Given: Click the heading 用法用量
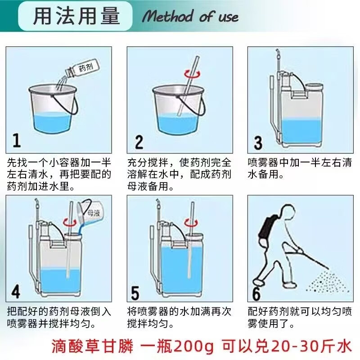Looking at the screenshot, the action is pyautogui.click(x=76, y=16).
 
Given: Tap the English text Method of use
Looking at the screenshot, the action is pyautogui.click(x=190, y=17).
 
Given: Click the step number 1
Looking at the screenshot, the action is pyautogui.click(x=17, y=140).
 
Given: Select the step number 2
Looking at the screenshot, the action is pyautogui.click(x=139, y=142).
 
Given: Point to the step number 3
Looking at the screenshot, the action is pyautogui.click(x=258, y=143).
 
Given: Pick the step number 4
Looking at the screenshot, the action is pyautogui.click(x=16, y=292).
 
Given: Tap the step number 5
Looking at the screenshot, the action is pyautogui.click(x=135, y=293).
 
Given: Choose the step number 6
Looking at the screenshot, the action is pyautogui.click(x=256, y=293).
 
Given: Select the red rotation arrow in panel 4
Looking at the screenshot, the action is pyautogui.click(x=70, y=222).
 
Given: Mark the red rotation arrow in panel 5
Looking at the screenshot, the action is pyautogui.click(x=191, y=222).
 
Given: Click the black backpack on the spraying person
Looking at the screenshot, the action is pyautogui.click(x=267, y=228).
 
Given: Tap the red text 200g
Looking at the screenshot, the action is pyautogui.click(x=193, y=346).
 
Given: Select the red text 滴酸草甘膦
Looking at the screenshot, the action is pyautogui.click(x=92, y=346).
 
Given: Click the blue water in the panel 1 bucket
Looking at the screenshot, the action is pyautogui.click(x=52, y=123).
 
